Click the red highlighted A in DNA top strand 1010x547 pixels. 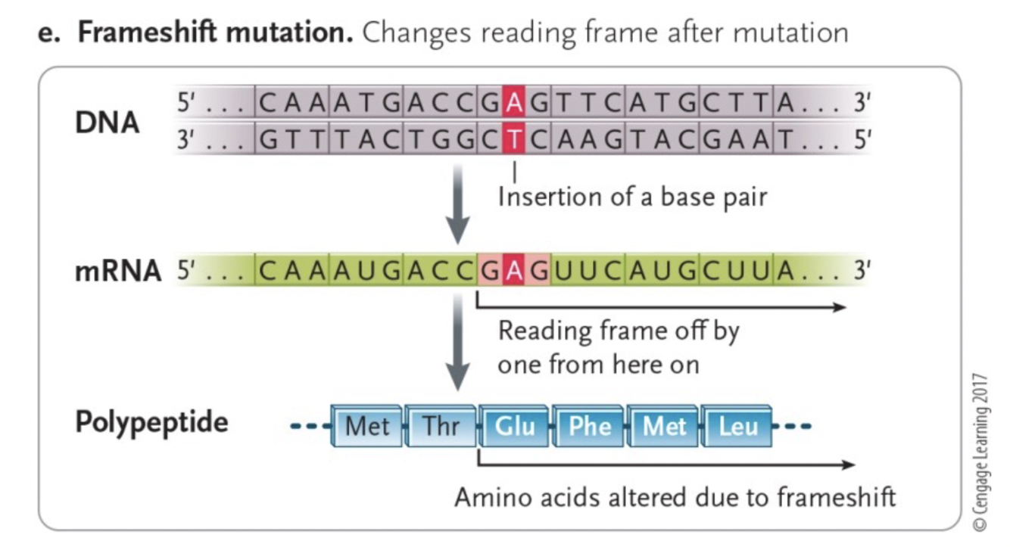[514, 104]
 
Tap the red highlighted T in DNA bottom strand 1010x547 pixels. [514, 139]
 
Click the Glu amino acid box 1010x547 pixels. [514, 427]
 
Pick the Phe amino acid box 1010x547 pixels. [589, 427]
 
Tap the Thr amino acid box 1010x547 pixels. [441, 427]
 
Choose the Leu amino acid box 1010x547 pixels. [737, 427]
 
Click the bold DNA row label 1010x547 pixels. [107, 122]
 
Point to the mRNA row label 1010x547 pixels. [118, 271]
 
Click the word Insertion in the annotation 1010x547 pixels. [548, 197]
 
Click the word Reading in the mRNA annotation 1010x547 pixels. [545, 331]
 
